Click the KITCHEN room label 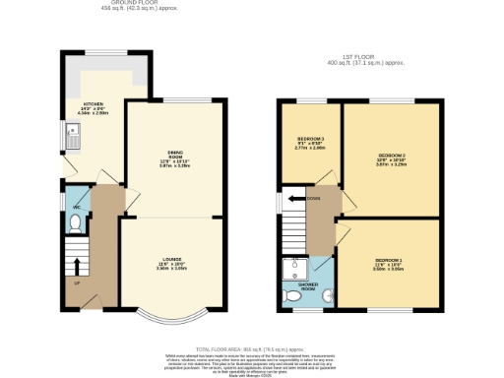pyautogui.click(x=94, y=102)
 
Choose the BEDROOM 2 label pyautogui.click(x=391, y=156)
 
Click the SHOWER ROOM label pyautogui.click(x=308, y=288)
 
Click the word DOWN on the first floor pyautogui.click(x=314, y=197)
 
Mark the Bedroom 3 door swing pyautogui.click(x=327, y=177)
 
